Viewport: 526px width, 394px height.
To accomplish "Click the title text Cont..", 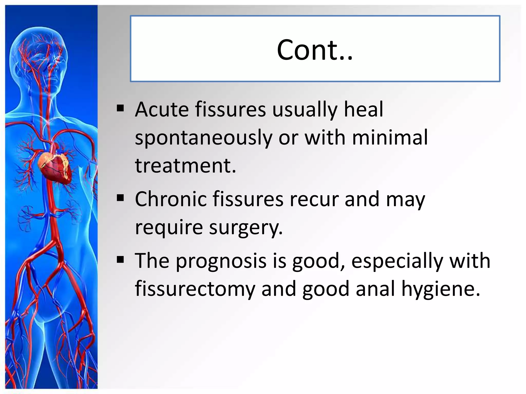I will (x=315, y=50).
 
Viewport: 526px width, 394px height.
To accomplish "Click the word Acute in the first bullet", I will (x=162, y=110).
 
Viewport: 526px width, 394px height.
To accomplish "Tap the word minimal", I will (x=390, y=137).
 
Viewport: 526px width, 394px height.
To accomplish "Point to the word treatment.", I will (x=185, y=166).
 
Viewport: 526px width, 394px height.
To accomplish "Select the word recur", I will (x=314, y=200).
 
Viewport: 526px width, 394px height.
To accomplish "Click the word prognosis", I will (x=221, y=261).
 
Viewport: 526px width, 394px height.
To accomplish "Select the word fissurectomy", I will (x=195, y=289).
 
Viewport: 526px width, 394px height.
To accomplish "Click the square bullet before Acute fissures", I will (x=120, y=109).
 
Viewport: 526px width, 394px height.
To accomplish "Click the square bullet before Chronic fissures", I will (x=120, y=198).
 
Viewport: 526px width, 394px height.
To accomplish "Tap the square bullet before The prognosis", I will (x=120, y=260).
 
